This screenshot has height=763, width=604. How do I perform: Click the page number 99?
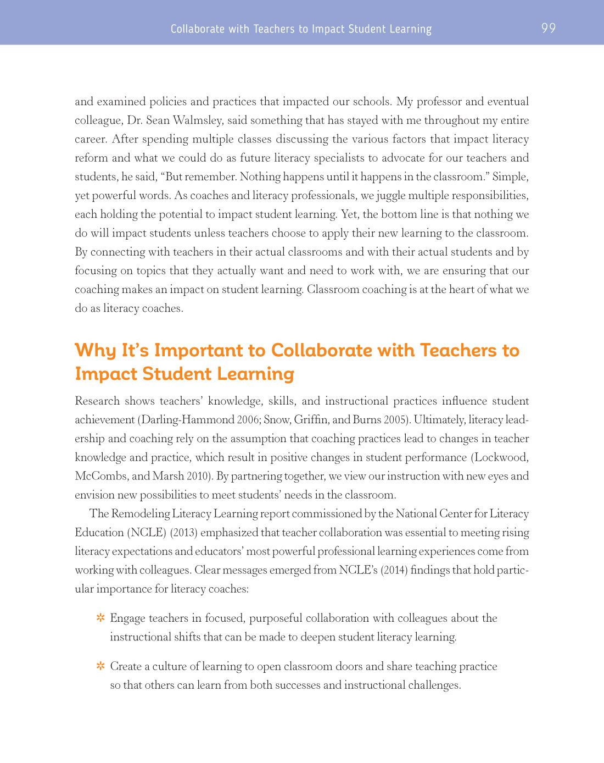click(548, 28)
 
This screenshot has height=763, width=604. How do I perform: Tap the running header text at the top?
click(301, 29)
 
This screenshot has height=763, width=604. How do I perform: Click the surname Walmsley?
click(197, 120)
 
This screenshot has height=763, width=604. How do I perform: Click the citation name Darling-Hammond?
click(188, 420)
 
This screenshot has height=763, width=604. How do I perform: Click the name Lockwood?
click(501, 457)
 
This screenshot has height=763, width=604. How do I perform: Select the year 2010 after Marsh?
click(200, 476)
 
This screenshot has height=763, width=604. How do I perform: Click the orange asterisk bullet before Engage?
click(100, 618)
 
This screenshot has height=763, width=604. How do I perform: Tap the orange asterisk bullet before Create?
click(100, 666)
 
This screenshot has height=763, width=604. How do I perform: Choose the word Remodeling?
click(140, 514)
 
